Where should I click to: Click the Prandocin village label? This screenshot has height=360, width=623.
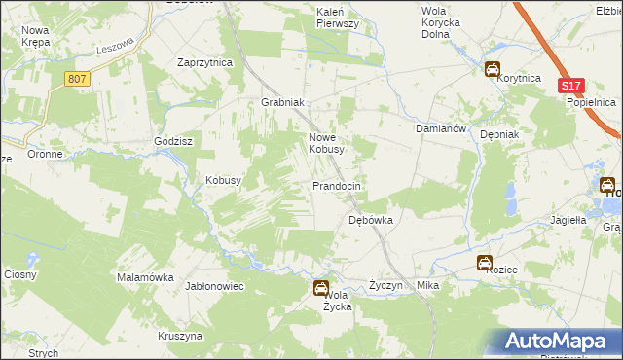337,186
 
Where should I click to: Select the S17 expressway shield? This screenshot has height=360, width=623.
570,87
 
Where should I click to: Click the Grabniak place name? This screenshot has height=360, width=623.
283,102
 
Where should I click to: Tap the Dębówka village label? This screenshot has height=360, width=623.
371,220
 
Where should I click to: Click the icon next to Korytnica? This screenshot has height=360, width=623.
494,70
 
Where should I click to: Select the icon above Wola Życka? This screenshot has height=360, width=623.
320,287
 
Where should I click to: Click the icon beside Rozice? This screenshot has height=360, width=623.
484,263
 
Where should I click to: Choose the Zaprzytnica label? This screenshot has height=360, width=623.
204,61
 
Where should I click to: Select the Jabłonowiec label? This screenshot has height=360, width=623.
214,286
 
